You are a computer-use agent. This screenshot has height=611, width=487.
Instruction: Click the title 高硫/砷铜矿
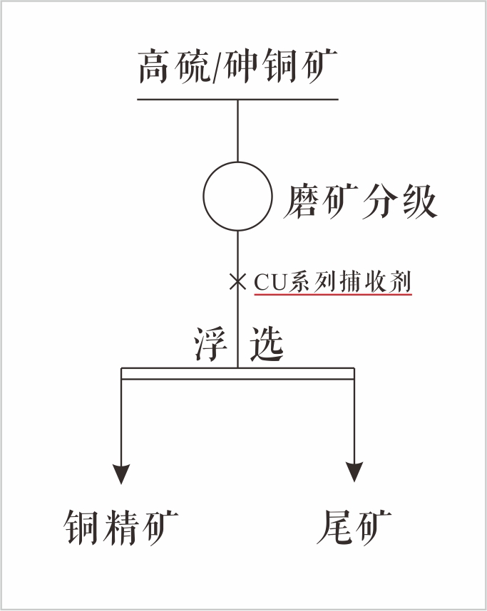pyautogui.click(x=237, y=68)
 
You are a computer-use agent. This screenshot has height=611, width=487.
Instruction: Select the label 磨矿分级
pyautogui.click(x=360, y=202)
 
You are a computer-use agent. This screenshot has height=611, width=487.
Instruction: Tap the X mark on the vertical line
pyautogui.click(x=237, y=281)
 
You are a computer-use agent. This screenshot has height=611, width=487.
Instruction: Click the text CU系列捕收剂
pyautogui.click(x=332, y=282)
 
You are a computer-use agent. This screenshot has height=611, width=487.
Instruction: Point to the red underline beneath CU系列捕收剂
pyautogui.click(x=332, y=296)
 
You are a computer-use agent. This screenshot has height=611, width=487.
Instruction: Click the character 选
pyautogui.click(x=265, y=345)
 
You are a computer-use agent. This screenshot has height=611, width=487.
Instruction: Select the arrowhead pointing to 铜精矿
pyautogui.click(x=122, y=471)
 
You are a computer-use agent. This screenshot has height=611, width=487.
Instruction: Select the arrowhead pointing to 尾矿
pyautogui.click(x=354, y=471)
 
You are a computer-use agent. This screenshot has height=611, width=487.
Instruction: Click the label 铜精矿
pyautogui.click(x=121, y=528)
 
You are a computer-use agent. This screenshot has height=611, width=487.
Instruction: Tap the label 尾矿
pyautogui.click(x=354, y=528)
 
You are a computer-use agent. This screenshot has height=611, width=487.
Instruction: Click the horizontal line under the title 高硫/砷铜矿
pyautogui.click(x=237, y=99)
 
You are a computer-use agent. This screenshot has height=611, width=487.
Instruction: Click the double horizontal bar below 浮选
pyautogui.click(x=237, y=373)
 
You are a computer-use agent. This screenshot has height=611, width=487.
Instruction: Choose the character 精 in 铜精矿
pyautogui.click(x=121, y=528)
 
